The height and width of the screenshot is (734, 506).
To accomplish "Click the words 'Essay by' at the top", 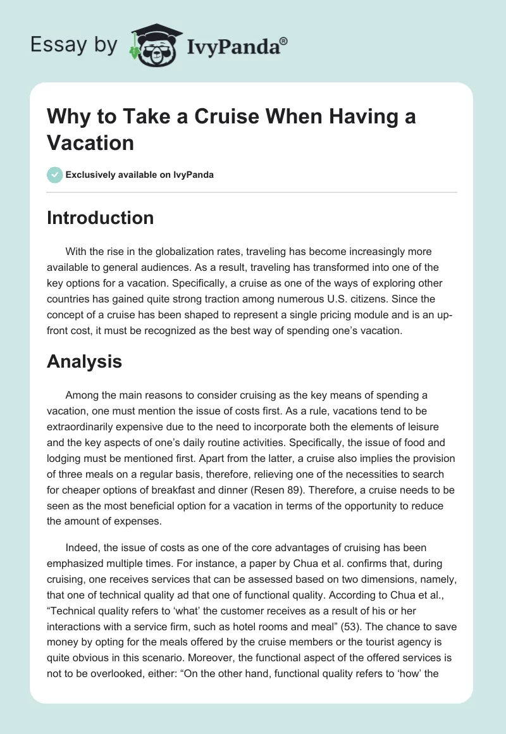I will click(x=73, y=46).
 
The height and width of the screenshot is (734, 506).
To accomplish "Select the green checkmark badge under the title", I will click(x=55, y=175).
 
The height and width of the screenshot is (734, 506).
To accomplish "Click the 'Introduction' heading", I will click(x=101, y=218).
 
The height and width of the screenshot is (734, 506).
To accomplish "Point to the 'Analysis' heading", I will click(x=84, y=361).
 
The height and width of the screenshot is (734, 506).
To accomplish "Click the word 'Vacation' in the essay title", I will click(x=90, y=142).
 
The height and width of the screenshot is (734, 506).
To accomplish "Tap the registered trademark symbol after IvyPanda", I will click(x=284, y=41).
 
